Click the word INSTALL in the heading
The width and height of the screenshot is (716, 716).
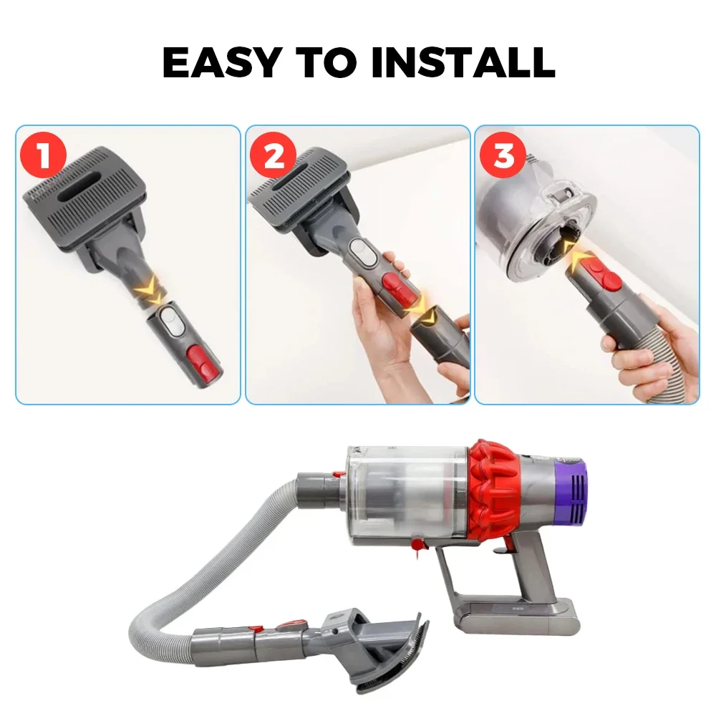click(463, 62)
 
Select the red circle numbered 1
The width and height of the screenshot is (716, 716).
click(44, 155)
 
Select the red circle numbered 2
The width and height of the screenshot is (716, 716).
click(273, 155)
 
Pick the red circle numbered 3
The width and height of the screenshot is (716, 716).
click(503, 155)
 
